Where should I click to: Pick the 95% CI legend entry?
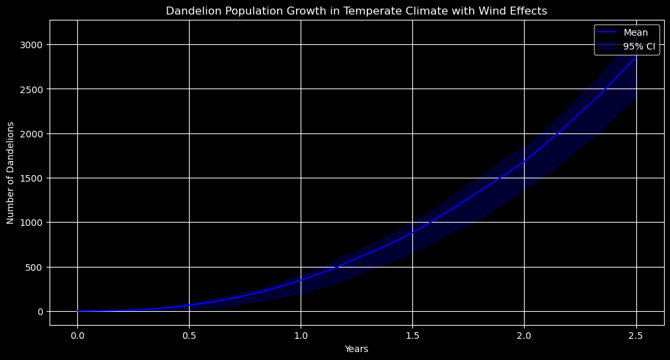pyautogui.click(x=639, y=46)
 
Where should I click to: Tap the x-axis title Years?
pyautogui.click(x=356, y=349)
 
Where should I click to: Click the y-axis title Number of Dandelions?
pyautogui.click(x=11, y=172)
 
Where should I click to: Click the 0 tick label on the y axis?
pyautogui.click(x=41, y=312)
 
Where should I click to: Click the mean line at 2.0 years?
pyautogui.click(x=524, y=161)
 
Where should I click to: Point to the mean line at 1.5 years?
pyautogui.click(x=412, y=233)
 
